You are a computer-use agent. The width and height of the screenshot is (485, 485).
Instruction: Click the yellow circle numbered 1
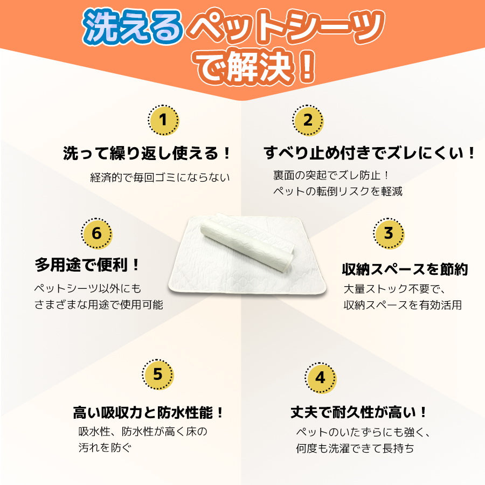click(164, 120)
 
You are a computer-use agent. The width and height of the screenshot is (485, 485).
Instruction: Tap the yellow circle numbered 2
click(308, 120)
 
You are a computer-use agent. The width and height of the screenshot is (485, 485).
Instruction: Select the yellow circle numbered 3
click(389, 233)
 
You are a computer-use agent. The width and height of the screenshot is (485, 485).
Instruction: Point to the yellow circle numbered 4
click(321, 377)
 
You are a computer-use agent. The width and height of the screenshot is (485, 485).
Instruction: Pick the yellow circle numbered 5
click(158, 374)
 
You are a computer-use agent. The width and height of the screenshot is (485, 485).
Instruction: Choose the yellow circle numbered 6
click(96, 233)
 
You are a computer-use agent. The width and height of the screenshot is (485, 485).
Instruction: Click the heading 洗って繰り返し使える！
click(147, 154)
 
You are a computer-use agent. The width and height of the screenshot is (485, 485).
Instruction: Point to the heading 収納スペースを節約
click(405, 269)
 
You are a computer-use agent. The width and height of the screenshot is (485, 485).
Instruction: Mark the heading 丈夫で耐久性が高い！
click(359, 413)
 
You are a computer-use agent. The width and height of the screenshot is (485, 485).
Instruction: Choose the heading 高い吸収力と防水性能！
click(149, 413)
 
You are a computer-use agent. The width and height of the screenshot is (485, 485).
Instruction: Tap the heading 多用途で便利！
click(88, 265)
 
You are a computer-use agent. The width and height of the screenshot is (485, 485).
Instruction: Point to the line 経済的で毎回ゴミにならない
click(160, 177)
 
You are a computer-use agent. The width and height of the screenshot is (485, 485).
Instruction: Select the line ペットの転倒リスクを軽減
click(338, 191)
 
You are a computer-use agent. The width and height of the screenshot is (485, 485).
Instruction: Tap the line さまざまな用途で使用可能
click(99, 304)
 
